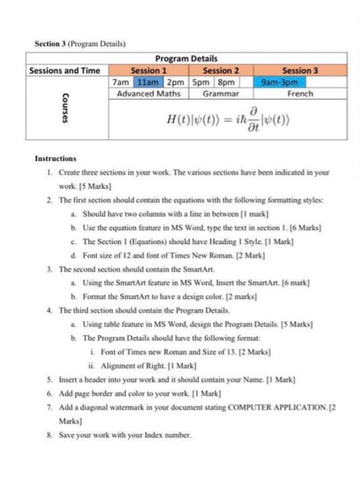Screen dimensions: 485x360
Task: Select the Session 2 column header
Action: [221, 71]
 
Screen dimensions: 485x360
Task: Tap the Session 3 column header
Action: [300, 71]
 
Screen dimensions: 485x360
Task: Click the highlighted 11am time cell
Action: [142, 82]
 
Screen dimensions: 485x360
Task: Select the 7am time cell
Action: [120, 82]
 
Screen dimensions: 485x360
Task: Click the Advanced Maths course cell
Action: [148, 93]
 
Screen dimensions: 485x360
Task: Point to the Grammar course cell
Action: [221, 93]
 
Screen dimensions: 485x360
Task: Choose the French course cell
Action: [300, 93]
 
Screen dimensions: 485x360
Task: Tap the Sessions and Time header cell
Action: [65, 71]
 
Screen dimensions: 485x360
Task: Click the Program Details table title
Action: [186, 59]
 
